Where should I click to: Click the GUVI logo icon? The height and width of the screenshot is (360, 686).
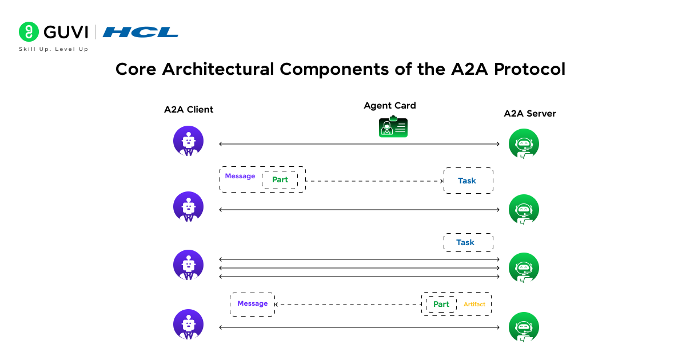pos(29,32)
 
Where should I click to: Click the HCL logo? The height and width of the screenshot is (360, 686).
pos(141,32)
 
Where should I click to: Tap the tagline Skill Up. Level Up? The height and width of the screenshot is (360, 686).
pos(54,49)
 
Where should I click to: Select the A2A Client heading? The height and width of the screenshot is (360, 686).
pos(189,110)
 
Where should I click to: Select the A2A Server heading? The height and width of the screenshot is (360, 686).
pos(529,114)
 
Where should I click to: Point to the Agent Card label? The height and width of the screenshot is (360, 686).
pos(390,106)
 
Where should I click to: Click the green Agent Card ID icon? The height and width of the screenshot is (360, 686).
pos(393,127)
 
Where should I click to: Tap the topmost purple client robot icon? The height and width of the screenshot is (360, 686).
pos(189,141)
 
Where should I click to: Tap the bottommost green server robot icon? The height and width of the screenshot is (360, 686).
pos(524,327)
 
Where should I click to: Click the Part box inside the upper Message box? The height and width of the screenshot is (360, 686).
pos(280,179)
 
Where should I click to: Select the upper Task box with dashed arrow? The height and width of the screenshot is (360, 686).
pos(468,181)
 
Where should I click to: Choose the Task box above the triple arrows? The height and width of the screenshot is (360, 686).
pos(468,242)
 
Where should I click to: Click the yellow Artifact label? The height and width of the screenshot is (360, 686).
pos(474,305)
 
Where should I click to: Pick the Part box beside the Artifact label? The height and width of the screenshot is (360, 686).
pos(441,304)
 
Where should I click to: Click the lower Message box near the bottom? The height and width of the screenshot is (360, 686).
pos(253,304)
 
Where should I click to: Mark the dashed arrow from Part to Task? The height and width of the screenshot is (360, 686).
pos(374,181)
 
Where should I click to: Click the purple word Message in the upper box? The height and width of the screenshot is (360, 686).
pos(240,176)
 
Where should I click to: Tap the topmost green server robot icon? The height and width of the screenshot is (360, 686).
pos(524,143)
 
